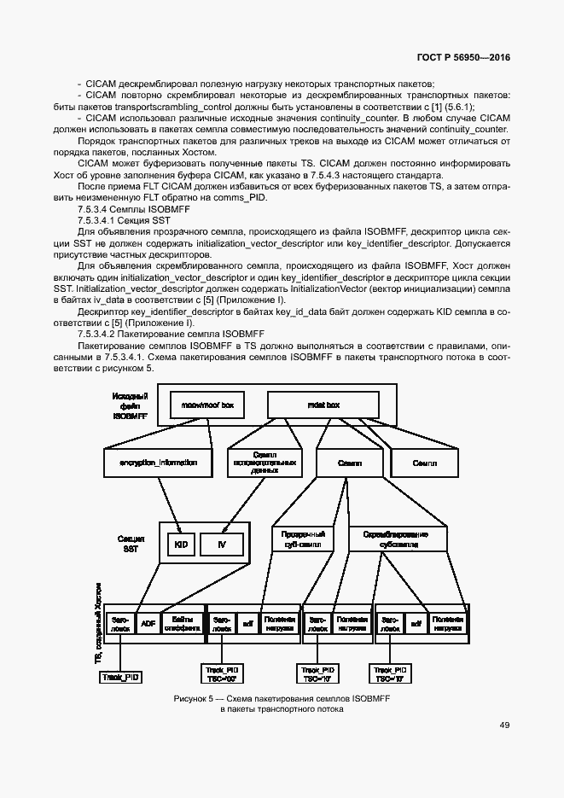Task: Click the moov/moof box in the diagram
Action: pyautogui.click(x=202, y=405)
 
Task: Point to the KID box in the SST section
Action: pyautogui.click(x=180, y=544)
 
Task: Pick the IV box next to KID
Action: pyautogui.click(x=221, y=544)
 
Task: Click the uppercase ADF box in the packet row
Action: pyautogui.click(x=148, y=624)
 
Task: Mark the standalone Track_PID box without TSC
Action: pyautogui.click(x=120, y=677)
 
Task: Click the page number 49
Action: pyautogui.click(x=504, y=725)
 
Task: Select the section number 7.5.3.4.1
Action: pyautogui.click(x=101, y=220)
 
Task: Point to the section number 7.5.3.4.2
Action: pyautogui.click(x=101, y=334)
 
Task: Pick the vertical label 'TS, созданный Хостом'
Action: pyautogui.click(x=96, y=624)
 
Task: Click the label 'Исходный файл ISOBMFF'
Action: pyautogui.click(x=131, y=405)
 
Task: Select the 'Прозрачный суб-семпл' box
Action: pyautogui.click(x=299, y=538)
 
